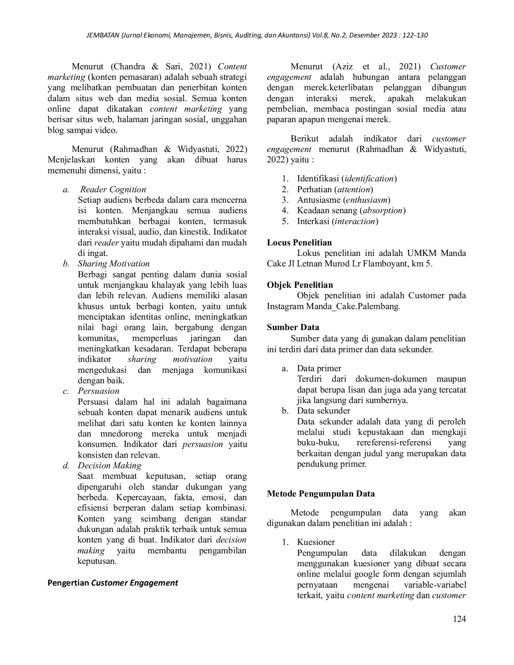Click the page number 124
coord(459,619)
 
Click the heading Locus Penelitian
coord(299,243)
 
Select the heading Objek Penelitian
coord(300,285)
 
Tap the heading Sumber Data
coord(293,327)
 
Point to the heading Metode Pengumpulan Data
coord(320,494)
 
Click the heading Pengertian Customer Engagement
coord(112,583)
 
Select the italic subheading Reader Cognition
coord(113,189)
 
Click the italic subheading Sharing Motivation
coord(113,264)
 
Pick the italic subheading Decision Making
coord(109,465)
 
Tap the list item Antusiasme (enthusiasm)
coord(343,200)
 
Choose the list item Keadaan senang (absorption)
coord(351,210)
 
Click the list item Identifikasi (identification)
coord(346,179)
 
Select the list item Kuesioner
coord(316,542)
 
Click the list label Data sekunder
coord(323,411)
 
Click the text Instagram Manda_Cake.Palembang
coord(333,306)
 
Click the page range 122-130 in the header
coord(415,35)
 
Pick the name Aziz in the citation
coord(343,66)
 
